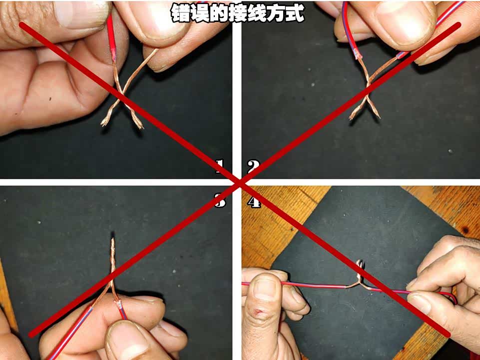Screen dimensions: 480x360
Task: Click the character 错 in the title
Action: pyautogui.click(x=180, y=12)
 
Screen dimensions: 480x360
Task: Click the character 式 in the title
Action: pyautogui.click(x=295, y=12)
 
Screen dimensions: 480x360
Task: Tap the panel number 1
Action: pyautogui.click(x=219, y=166)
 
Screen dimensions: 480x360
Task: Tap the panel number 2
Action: pyautogui.click(x=253, y=166)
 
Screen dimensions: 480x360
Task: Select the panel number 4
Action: pyautogui.click(x=254, y=201)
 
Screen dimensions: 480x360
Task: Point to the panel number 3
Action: pyautogui.click(x=220, y=201)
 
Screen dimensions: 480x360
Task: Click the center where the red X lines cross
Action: pyautogui.click(x=241, y=183)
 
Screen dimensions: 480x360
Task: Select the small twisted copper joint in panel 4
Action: pyautogui.click(x=360, y=274)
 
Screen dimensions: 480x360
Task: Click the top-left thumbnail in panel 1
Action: pyautogui.click(x=80, y=14)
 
